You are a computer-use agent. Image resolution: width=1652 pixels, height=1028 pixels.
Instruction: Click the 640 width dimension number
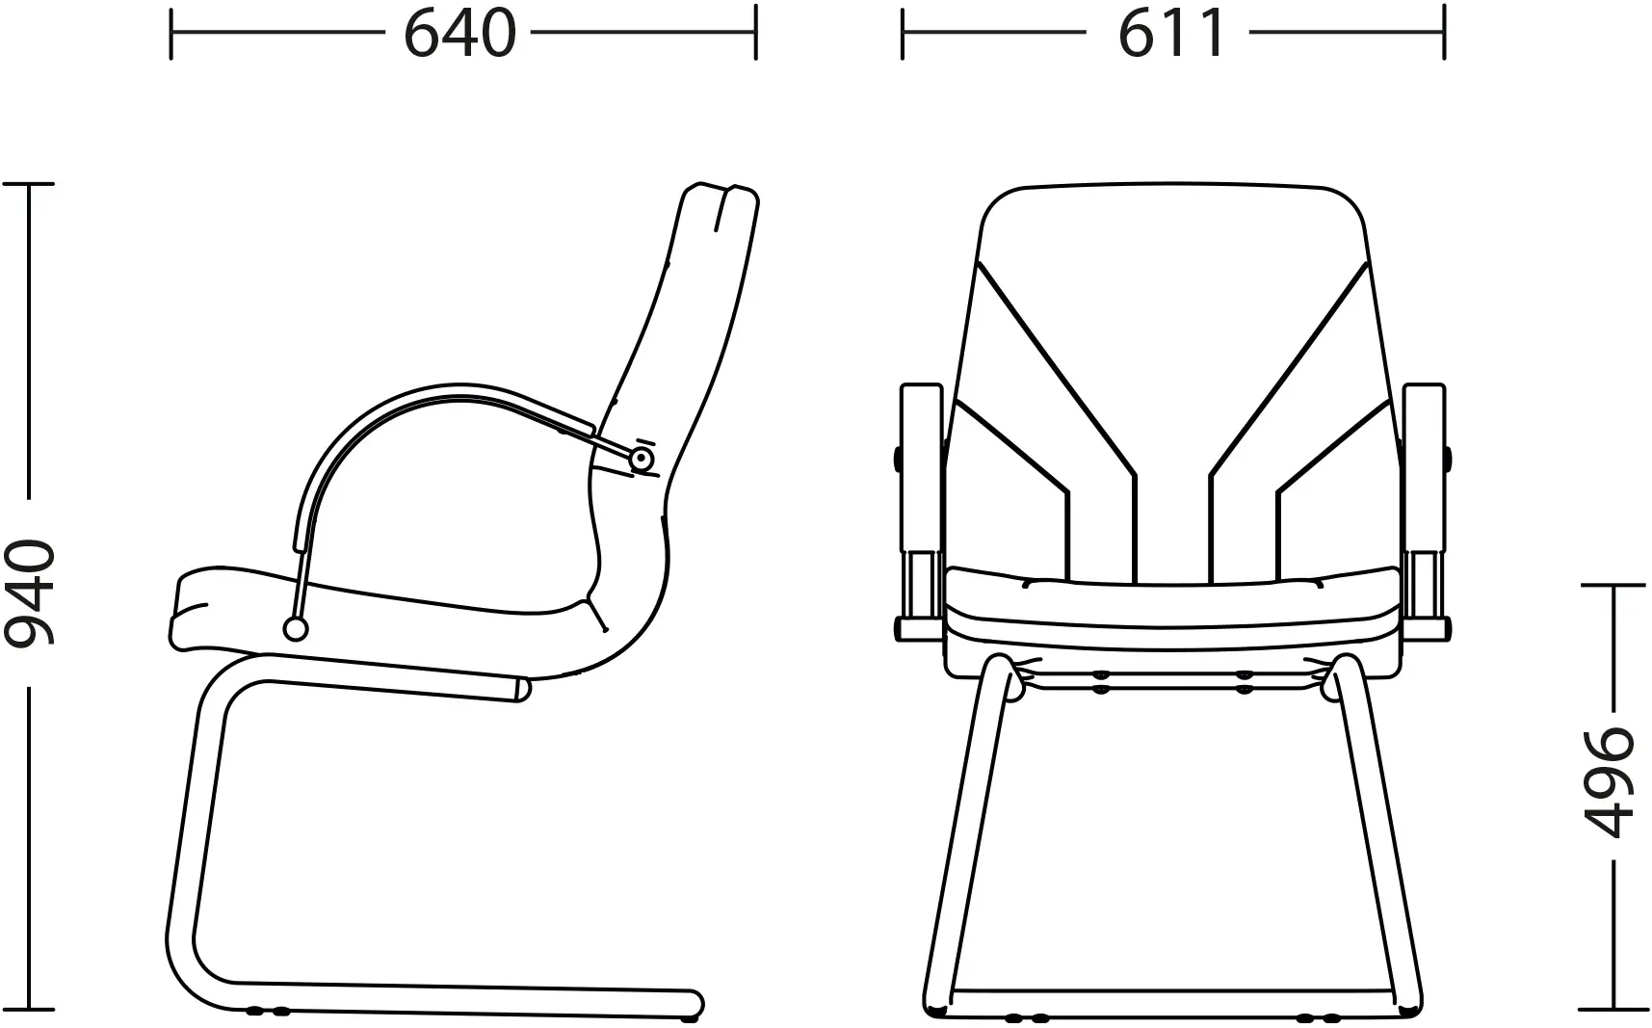[459, 34]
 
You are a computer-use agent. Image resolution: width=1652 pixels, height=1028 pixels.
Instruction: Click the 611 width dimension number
[1172, 34]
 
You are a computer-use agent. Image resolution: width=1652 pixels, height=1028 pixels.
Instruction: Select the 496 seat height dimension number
[1610, 781]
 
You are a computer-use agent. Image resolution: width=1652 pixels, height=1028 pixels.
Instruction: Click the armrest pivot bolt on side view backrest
[640, 460]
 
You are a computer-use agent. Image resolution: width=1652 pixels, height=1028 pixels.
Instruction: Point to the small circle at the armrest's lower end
[296, 629]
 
